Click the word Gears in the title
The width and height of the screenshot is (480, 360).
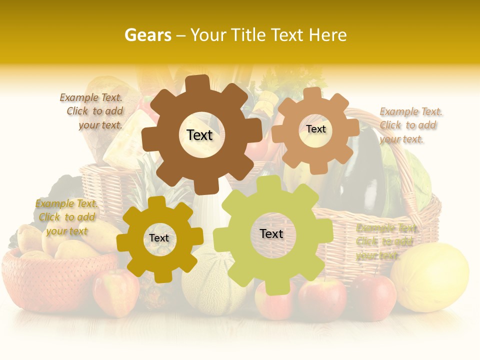(147, 35)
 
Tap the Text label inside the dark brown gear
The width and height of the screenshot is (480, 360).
(199, 135)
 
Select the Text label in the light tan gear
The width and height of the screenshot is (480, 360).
(315, 129)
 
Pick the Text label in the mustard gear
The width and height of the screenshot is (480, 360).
(159, 238)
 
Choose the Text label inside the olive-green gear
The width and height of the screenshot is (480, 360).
(271, 233)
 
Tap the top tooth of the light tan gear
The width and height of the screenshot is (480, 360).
(312, 93)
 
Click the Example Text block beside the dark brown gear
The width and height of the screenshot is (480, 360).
(91, 111)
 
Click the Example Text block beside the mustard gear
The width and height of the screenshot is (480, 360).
(66, 217)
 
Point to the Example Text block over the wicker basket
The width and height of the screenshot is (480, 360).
(385, 242)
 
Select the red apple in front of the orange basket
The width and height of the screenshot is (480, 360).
(116, 292)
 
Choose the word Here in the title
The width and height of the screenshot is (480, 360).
(327, 35)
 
